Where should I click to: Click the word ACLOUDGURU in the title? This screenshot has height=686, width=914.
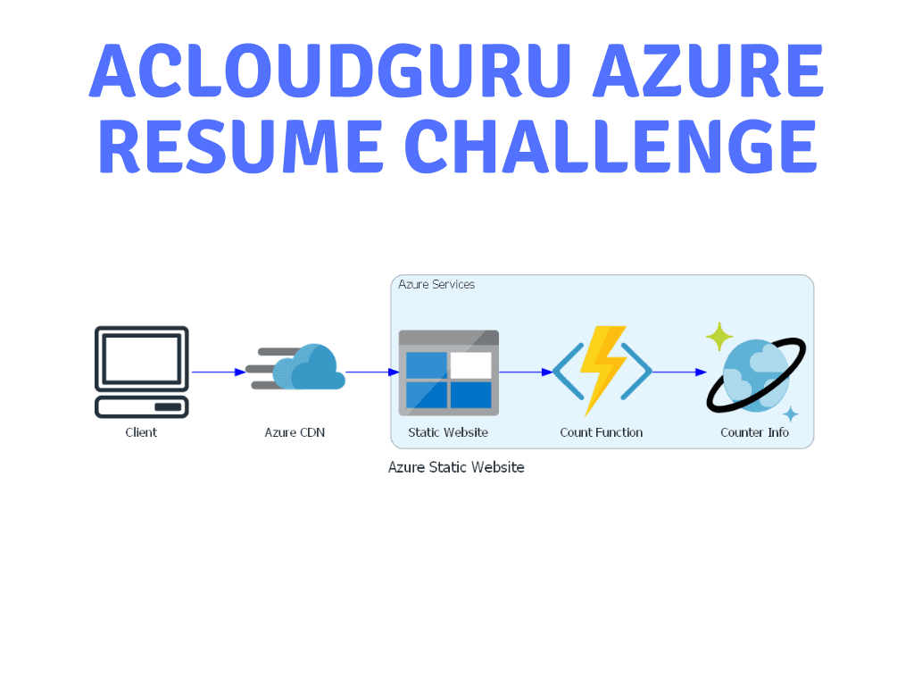[330, 71]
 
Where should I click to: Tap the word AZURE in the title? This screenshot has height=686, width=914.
[709, 71]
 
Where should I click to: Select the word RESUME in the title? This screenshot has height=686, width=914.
[241, 146]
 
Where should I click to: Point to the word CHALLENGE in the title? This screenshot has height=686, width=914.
[611, 146]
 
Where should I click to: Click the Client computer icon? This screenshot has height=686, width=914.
[142, 372]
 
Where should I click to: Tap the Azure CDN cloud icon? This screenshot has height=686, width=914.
[295, 367]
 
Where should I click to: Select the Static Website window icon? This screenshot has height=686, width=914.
[449, 372]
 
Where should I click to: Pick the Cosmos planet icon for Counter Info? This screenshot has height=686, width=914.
[756, 372]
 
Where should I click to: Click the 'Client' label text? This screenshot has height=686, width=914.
[141, 432]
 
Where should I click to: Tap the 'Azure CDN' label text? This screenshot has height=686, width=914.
[295, 432]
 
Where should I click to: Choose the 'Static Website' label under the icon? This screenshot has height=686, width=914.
[448, 432]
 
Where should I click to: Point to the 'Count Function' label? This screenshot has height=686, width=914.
[602, 432]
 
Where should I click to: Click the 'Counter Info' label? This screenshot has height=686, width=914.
[755, 432]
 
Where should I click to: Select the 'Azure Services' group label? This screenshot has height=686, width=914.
[436, 284]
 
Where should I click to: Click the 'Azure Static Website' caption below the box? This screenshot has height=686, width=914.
[456, 467]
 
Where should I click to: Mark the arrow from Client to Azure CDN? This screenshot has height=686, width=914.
[219, 372]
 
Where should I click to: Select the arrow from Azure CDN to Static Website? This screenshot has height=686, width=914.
[373, 372]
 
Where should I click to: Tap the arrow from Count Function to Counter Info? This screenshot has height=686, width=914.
[679, 372]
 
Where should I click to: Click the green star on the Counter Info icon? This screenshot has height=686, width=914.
[719, 337]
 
